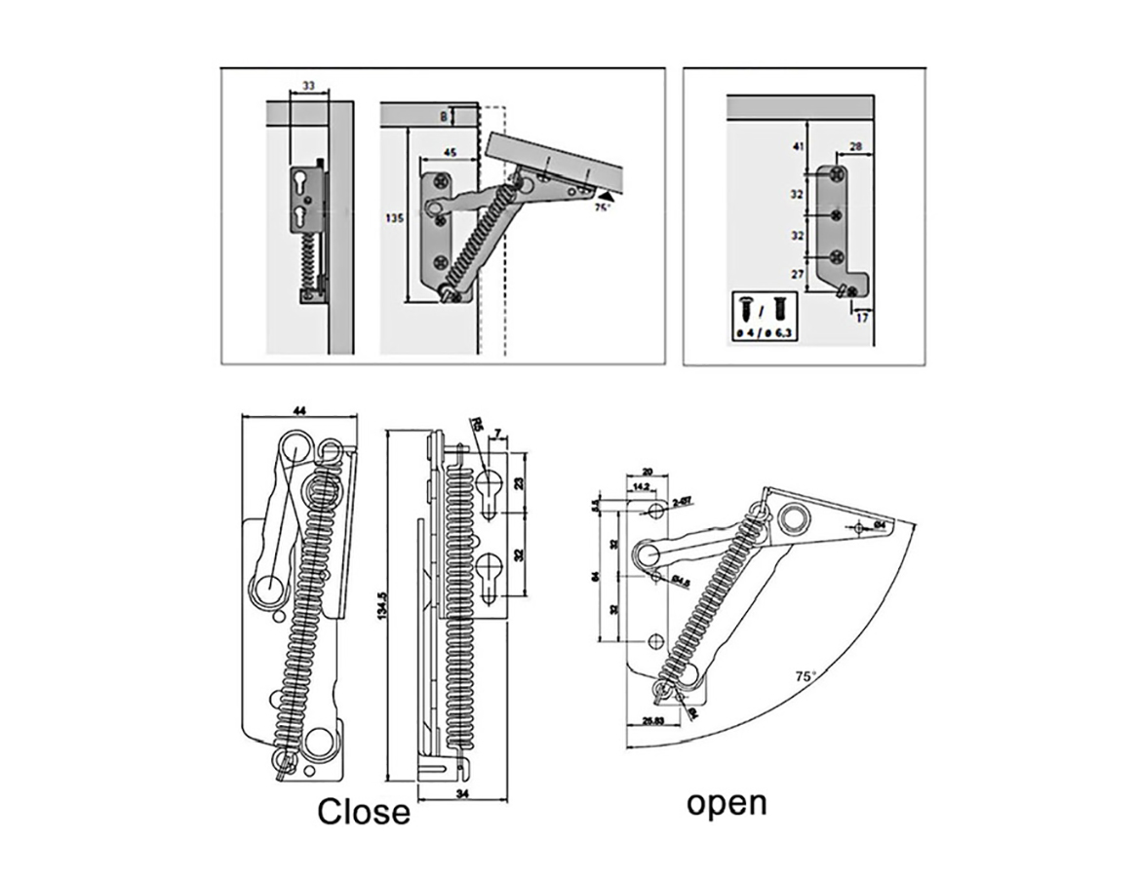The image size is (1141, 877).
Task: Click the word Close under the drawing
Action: click(x=364, y=810)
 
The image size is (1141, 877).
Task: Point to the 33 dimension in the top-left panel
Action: click(x=307, y=86)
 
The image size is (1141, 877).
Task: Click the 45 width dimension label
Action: click(x=451, y=152)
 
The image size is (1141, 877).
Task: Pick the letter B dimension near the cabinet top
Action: click(x=444, y=116)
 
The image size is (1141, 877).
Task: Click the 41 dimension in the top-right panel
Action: click(x=797, y=147)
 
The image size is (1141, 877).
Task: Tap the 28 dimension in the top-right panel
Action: click(x=855, y=146)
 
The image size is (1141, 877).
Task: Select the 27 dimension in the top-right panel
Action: click(x=797, y=275)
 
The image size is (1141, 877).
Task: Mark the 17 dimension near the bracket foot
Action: click(x=861, y=317)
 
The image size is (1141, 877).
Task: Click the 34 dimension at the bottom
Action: click(x=461, y=795)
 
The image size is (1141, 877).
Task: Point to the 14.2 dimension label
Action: click(x=641, y=485)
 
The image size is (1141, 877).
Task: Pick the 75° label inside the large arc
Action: click(x=805, y=674)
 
